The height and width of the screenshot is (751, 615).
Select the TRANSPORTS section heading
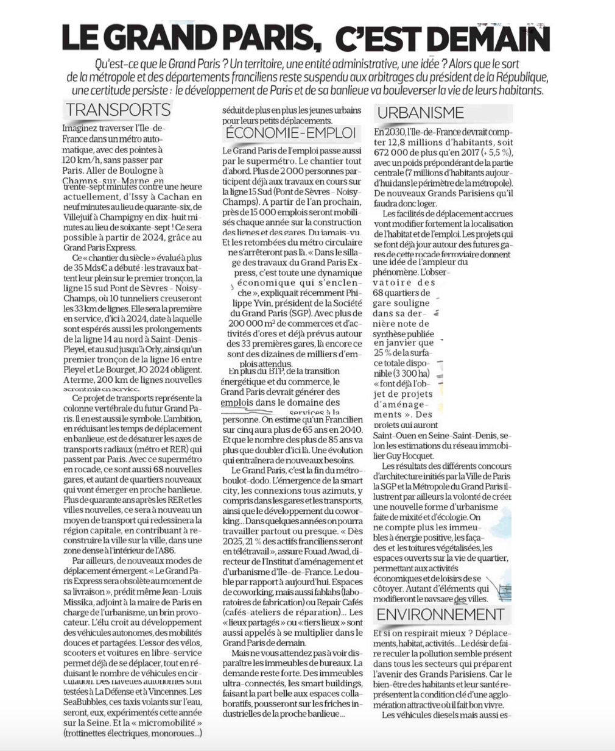pos(118,110)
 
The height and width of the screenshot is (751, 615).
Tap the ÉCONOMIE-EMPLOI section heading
pos(290,133)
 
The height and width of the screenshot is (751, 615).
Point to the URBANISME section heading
pos(420,113)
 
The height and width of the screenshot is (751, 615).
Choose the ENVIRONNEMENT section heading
pos(440,614)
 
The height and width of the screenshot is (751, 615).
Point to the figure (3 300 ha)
pos(410,373)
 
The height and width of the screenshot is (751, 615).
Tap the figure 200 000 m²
pos(251,323)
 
